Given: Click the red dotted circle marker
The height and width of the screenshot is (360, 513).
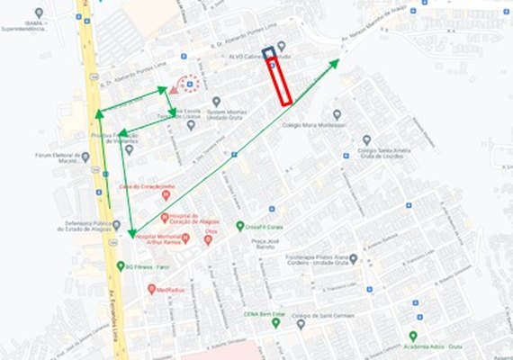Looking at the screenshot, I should click(x=189, y=84).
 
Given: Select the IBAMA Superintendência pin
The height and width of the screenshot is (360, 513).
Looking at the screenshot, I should click(x=39, y=13).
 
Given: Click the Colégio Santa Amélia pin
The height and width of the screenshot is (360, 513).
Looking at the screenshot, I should click(x=366, y=140).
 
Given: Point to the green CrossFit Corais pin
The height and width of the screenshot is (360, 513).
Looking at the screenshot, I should click(x=240, y=227).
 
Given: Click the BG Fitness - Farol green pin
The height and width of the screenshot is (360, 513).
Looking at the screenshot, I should click(x=121, y=266).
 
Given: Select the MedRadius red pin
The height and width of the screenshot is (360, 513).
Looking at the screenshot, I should click(x=151, y=290).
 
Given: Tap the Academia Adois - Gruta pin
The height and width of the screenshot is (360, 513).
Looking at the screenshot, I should click(x=413, y=335).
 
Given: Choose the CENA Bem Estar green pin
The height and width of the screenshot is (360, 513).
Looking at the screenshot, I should click(x=276, y=322).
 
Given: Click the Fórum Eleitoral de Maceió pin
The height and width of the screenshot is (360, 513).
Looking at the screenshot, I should click(x=85, y=157).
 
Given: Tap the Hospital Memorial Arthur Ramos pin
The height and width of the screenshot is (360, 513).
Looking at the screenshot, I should click(x=184, y=238).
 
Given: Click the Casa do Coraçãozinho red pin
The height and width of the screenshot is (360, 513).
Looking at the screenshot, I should click(x=166, y=194).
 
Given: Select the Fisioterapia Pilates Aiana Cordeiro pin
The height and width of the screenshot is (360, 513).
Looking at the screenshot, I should click(x=353, y=259).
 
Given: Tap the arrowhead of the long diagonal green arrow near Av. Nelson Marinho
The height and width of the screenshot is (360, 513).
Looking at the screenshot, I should click(x=337, y=61).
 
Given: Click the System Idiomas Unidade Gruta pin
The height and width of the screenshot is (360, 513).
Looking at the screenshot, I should click(x=216, y=102).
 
